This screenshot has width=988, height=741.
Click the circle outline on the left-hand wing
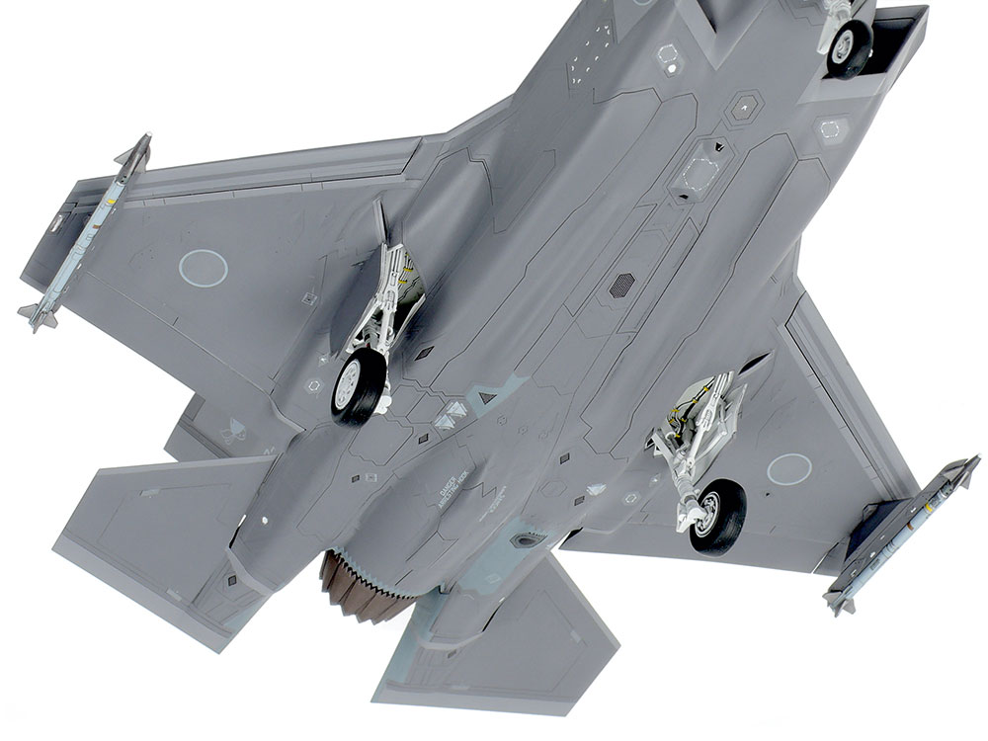pos(204,268)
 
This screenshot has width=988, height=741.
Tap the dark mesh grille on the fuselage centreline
pos(621,286)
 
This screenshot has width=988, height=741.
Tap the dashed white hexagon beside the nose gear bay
pos(832,127)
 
